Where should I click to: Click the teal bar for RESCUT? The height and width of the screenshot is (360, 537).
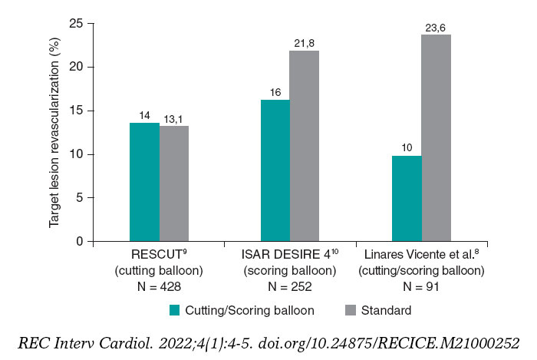144,182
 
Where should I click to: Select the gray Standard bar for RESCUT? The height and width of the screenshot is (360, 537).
174,183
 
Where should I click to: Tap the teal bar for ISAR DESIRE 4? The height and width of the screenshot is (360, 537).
275,170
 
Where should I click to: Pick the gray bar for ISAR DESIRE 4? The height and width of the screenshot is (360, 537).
305,146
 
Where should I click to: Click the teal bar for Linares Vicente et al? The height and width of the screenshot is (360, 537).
407,198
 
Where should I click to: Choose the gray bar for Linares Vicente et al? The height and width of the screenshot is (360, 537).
436,138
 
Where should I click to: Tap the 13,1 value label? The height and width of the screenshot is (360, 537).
176,118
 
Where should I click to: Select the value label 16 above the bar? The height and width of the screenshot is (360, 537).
275,93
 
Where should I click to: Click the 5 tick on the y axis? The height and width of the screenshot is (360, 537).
78,197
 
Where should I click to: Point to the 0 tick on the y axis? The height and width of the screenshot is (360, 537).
78,241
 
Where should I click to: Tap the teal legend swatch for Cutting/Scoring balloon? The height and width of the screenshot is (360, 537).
176,310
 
